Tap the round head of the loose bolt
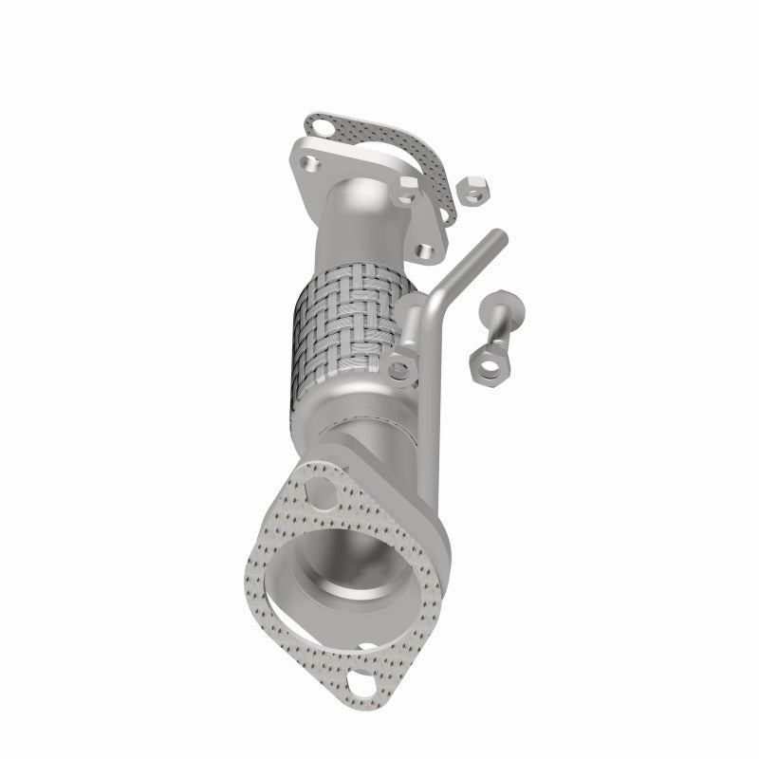pyautogui.click(x=500, y=306)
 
